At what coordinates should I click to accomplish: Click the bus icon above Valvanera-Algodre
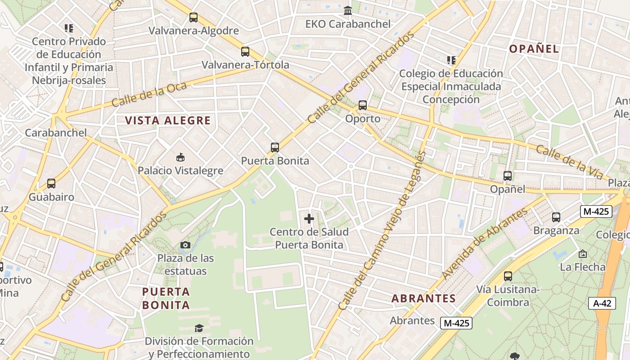[x=193, y=18]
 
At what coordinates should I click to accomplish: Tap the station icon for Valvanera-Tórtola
[x=245, y=51]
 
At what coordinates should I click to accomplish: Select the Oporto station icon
[x=363, y=105]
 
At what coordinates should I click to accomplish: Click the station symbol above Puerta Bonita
[x=275, y=147]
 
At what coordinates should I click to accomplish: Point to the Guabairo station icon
[x=51, y=184]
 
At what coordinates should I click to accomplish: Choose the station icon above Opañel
[x=508, y=176]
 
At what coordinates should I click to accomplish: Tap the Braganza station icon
[x=556, y=217]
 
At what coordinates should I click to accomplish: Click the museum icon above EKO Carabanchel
[x=348, y=10]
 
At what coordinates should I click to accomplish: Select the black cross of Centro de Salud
[x=309, y=219]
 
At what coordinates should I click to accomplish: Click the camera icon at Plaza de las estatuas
[x=185, y=245]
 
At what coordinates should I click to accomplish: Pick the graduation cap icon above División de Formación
[x=199, y=328]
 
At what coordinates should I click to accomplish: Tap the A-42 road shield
[x=602, y=303]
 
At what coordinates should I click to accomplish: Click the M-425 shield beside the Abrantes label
[x=456, y=323]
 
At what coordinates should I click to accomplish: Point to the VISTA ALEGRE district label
[x=168, y=121]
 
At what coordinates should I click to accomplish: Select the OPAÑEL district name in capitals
[x=534, y=49]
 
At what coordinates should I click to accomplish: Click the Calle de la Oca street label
[x=143, y=94]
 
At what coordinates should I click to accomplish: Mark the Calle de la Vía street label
[x=569, y=162]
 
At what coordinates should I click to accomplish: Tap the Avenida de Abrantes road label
[x=484, y=243]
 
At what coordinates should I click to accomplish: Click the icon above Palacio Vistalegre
[x=180, y=157]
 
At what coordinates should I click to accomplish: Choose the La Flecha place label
[x=583, y=267]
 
